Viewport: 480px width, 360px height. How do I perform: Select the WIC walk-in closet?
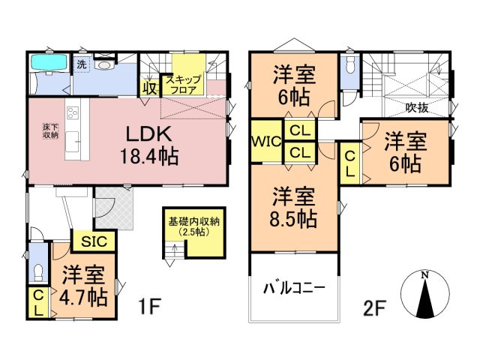265,139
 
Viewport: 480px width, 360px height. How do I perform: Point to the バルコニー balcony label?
293,288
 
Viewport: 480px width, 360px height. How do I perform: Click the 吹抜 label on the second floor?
417,107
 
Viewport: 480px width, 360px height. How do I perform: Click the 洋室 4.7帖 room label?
83,284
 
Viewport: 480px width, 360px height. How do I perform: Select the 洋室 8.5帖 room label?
294,208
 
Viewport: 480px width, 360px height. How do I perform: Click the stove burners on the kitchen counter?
73,114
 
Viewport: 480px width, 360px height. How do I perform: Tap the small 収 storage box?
149,87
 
